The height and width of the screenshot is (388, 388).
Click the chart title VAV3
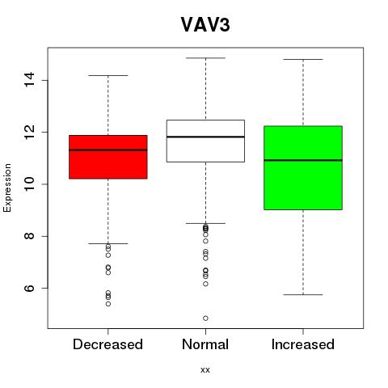point(205,25)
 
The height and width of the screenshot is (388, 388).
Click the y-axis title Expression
point(7,188)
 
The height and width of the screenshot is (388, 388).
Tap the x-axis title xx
point(205,370)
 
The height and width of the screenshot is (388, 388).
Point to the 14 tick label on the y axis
point(29,80)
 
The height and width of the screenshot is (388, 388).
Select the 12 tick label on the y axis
point(29,132)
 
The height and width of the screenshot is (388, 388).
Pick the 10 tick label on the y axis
point(29,184)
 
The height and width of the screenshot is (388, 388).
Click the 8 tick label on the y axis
point(29,236)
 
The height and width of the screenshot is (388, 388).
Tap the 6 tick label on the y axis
point(29,288)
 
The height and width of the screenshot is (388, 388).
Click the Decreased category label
point(108,344)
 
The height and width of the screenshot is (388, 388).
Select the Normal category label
point(205,344)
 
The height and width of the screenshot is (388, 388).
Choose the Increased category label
point(303,344)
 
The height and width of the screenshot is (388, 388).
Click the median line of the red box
point(108,150)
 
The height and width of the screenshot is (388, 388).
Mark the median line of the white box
point(205,137)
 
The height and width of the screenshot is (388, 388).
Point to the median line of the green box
point(303,160)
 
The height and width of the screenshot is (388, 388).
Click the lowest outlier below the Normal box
point(205,318)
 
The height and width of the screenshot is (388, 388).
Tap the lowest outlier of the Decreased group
point(108,304)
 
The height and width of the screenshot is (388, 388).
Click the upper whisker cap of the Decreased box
point(108,75)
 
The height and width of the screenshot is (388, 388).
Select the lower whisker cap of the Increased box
point(303,295)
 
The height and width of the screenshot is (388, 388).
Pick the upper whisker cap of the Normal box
point(205,58)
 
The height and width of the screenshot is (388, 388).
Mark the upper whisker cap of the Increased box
point(303,59)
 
